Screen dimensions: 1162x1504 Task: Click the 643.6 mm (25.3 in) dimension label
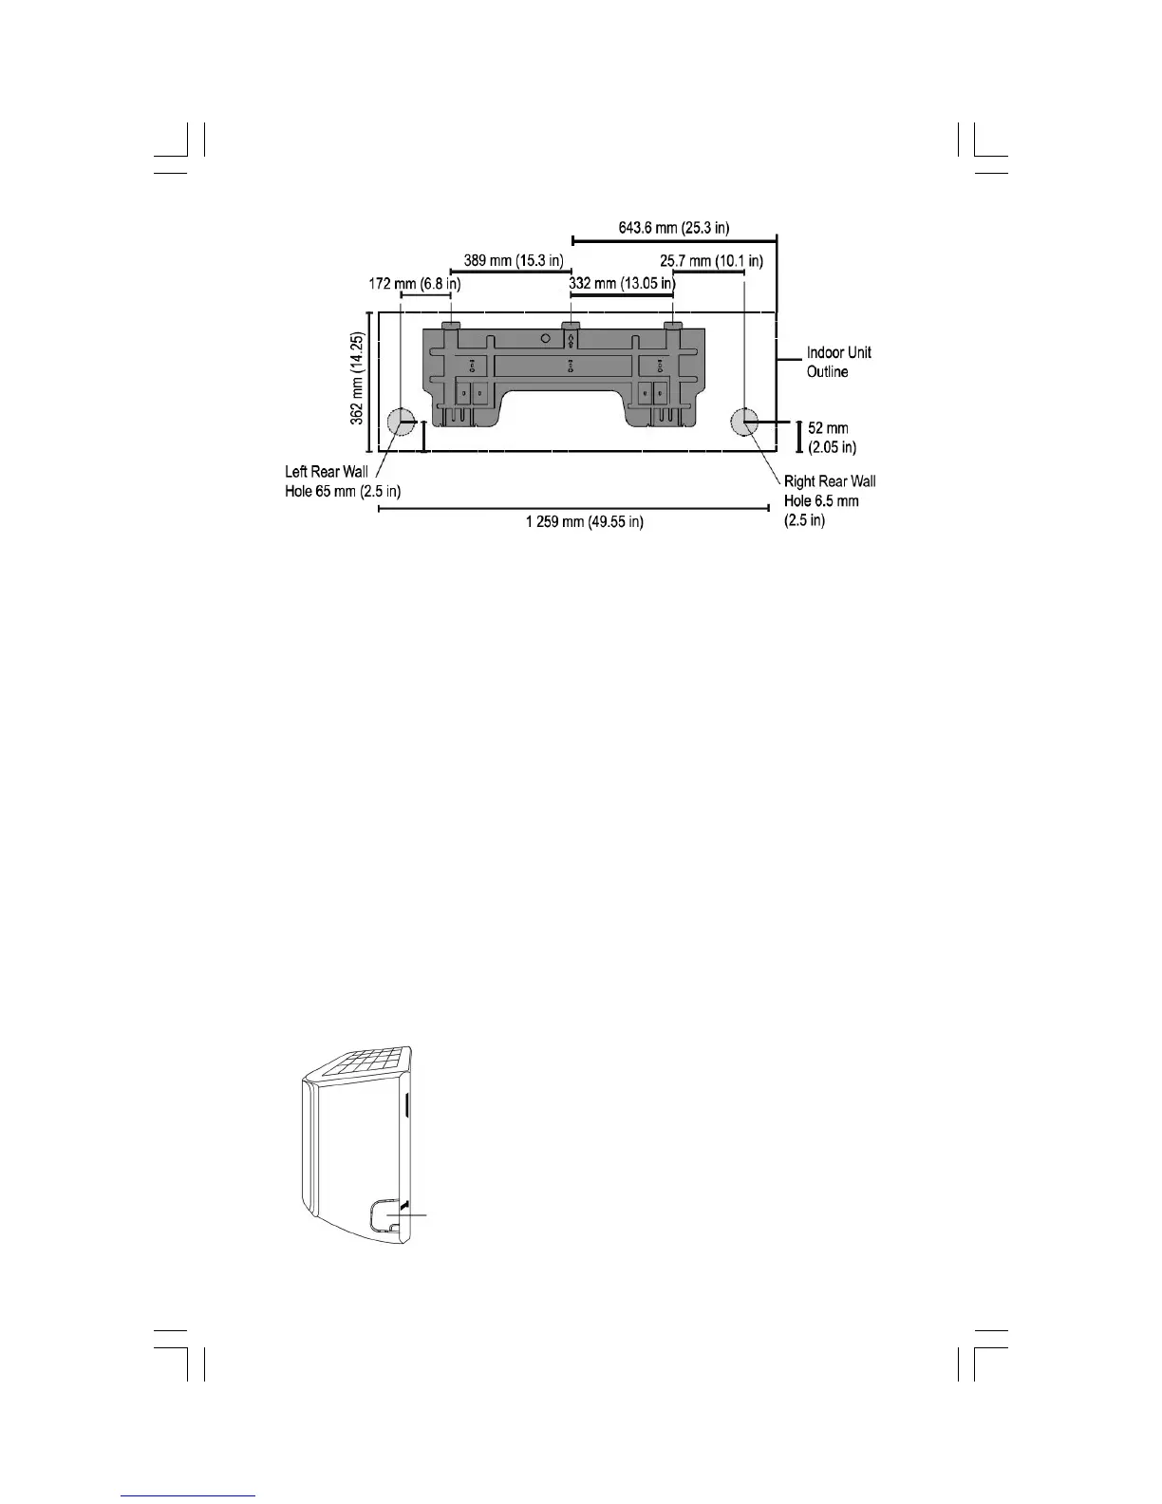click(674, 228)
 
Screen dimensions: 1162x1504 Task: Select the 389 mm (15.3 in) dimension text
click(514, 260)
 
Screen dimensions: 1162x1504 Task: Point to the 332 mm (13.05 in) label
click(621, 283)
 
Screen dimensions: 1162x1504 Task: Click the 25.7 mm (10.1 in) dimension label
click(711, 260)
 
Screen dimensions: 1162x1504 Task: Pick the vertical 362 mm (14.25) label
click(358, 380)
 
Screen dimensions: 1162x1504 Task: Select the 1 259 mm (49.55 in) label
click(584, 522)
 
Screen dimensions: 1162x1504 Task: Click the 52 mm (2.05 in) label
click(833, 438)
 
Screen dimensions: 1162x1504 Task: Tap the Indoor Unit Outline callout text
click(838, 362)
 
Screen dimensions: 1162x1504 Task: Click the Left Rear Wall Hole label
click(342, 481)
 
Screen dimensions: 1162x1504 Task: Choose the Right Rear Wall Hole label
click(829, 500)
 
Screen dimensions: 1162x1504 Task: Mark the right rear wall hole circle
click(744, 421)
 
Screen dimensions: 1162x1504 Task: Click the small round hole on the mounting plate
click(544, 337)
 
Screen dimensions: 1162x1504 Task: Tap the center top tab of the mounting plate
click(571, 325)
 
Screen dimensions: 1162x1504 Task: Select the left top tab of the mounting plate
click(451, 325)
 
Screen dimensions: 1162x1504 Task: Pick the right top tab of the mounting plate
click(673, 325)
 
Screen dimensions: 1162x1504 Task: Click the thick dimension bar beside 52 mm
click(798, 437)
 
